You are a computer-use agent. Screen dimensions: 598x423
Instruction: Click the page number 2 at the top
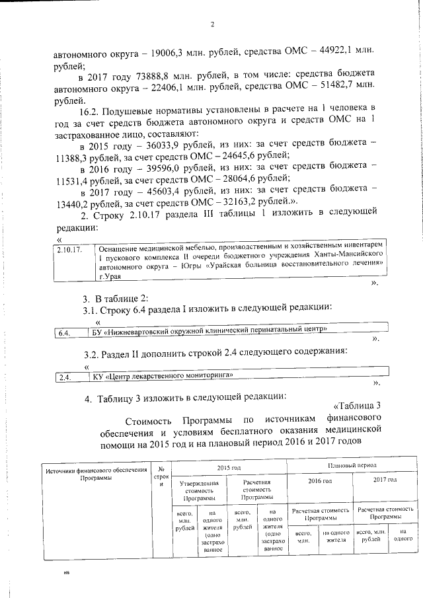pos(211,25)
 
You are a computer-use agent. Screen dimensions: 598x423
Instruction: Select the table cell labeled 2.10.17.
pos(69,250)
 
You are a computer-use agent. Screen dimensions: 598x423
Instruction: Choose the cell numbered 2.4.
pos(64,377)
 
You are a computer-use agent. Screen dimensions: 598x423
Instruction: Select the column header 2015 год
pos(228,467)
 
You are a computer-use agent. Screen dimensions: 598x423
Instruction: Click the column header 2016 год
pos(321,480)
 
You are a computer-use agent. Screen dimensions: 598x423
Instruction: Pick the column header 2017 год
pos(384,480)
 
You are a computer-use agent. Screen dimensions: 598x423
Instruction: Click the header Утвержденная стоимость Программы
pos(198,490)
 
